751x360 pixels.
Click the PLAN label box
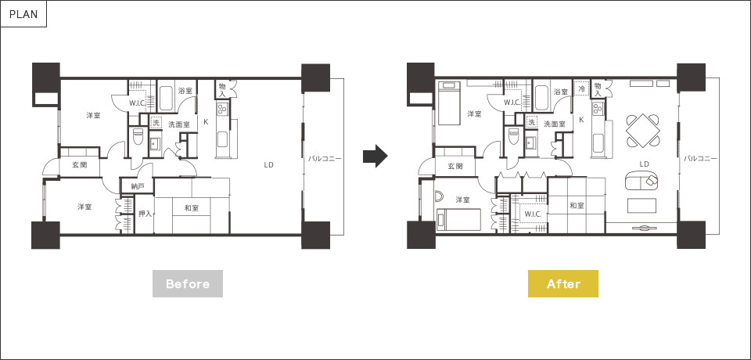tap(23, 14)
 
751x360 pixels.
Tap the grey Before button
tap(188, 284)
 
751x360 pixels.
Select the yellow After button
tap(563, 284)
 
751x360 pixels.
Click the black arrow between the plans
tap(375, 156)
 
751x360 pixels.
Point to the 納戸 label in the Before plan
tap(138, 186)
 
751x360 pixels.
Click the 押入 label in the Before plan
tap(145, 214)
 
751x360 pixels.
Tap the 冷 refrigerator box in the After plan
tap(581, 88)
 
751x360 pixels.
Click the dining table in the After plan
tap(643, 131)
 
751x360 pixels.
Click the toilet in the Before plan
tap(138, 137)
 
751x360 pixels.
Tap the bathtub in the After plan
tap(541, 99)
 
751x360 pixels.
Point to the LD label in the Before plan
tap(268, 165)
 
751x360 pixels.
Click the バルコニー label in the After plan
tap(700, 158)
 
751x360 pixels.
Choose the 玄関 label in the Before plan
tap(80, 165)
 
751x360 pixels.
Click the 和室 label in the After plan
tap(577, 205)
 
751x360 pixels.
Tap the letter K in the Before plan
tap(206, 122)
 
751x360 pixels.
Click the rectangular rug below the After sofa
tap(642, 205)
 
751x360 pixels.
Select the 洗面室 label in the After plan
tap(554, 124)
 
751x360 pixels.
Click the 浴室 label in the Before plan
tap(185, 91)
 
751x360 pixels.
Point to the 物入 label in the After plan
tap(597, 88)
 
